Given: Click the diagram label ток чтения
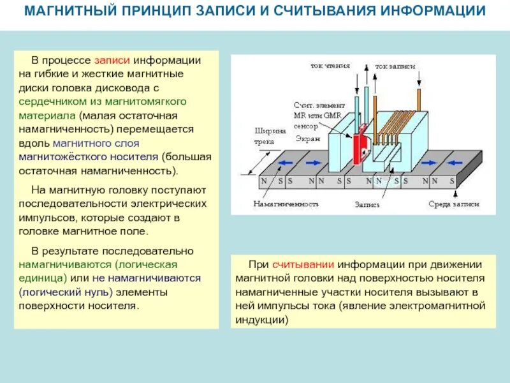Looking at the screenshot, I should coord(330,66).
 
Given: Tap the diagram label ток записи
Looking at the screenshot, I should coord(395,66).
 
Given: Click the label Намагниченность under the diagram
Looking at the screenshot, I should coord(284,205).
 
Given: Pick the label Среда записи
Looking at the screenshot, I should coord(453,205).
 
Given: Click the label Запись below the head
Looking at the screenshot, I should coord(367,205).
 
